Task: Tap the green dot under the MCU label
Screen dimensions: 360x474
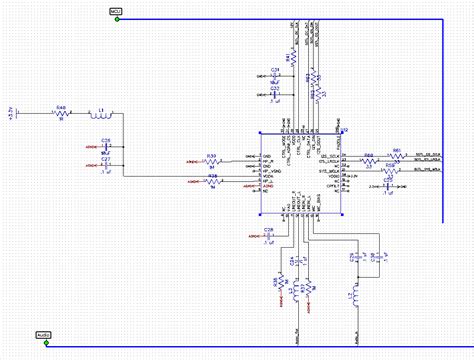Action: [117, 20]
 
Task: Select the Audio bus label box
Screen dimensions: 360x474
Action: [44, 335]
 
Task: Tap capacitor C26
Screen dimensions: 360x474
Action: [107, 146]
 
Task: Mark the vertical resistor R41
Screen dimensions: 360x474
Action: [291, 61]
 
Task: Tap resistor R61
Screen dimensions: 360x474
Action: [396, 155]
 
